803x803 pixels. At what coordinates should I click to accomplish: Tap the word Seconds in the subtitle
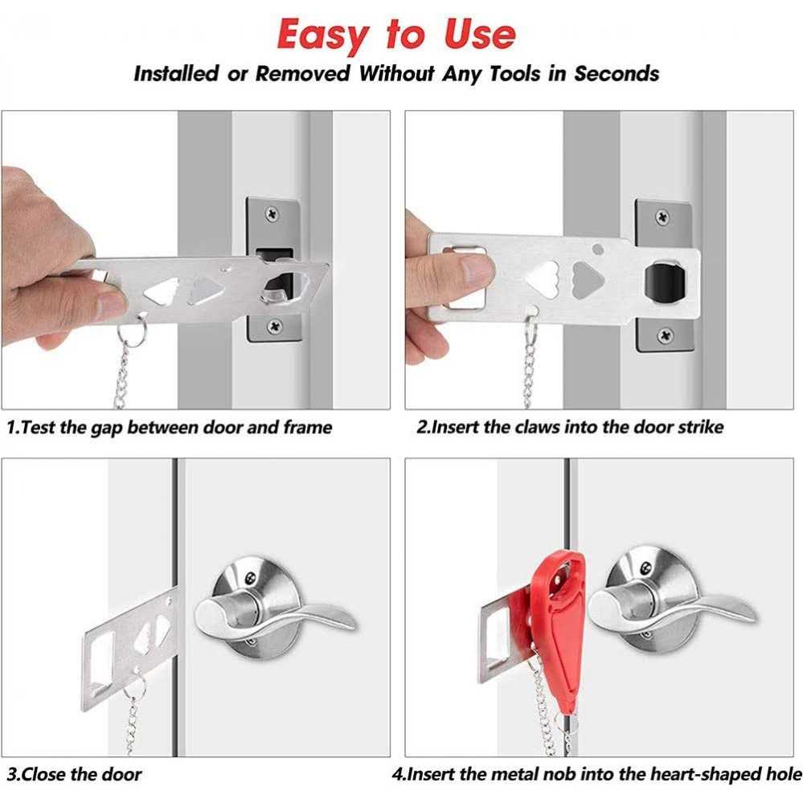[617, 74]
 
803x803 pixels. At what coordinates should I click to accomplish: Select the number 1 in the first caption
[11, 428]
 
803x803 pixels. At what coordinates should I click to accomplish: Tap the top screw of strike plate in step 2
[662, 217]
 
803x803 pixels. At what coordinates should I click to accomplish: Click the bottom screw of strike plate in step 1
[275, 326]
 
